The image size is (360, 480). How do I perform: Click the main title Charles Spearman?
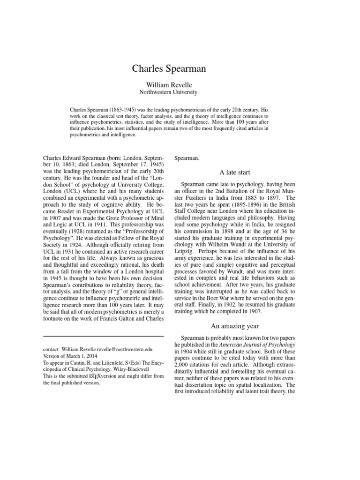[x=180, y=69]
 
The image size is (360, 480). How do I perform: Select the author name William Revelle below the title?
[x=180, y=84]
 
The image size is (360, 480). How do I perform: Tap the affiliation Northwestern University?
[x=180, y=92]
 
